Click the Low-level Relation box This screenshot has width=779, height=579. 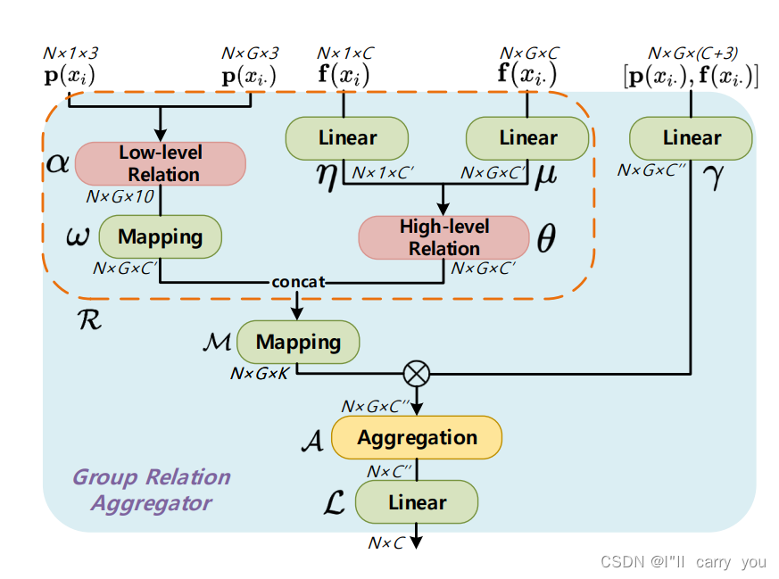(160, 163)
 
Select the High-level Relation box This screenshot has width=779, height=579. (444, 237)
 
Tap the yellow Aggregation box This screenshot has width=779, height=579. (417, 438)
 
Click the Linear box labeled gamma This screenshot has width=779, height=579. (692, 138)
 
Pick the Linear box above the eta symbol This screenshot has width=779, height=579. (347, 138)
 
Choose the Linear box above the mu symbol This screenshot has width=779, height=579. (528, 138)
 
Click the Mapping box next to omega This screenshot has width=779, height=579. (160, 237)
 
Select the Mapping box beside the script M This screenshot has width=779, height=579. (298, 342)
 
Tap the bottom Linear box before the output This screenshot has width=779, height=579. (417, 502)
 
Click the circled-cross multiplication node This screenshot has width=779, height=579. (417, 373)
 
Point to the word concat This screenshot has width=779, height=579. (299, 282)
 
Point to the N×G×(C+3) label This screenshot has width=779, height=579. (692, 54)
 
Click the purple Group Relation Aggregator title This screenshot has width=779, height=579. (152, 490)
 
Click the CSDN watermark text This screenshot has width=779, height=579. (683, 562)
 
